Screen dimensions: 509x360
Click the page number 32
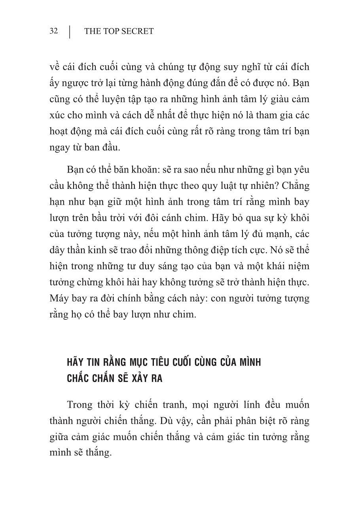tap(54, 31)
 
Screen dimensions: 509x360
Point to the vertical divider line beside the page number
tap(70, 32)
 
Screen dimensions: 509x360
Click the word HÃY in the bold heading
tap(75, 362)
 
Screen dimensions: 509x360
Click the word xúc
tap(58, 115)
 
